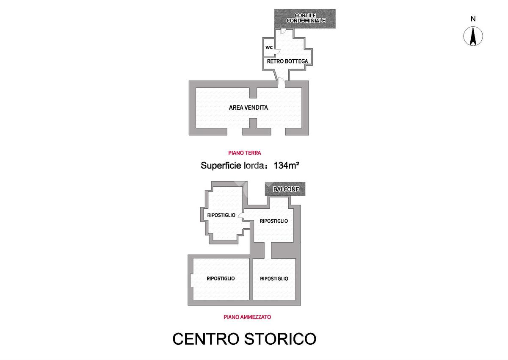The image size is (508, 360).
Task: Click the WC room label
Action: [269, 47]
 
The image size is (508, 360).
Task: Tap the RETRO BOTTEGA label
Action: [287, 61]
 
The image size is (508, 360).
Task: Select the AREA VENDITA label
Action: [248, 108]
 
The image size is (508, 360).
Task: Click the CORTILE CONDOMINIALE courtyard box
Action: [305, 19]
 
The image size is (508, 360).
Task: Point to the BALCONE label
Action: [286, 189]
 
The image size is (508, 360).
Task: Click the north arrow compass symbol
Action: [473, 36]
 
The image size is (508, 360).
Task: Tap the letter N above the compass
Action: [473, 19]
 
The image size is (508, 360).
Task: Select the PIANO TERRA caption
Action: [245, 153]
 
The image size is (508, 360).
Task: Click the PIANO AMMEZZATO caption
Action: [247, 317]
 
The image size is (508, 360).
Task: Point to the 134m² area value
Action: [287, 166]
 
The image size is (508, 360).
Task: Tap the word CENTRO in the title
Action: [206, 339]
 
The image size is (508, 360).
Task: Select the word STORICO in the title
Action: [280, 339]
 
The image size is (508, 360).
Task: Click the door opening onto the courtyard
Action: [283, 31]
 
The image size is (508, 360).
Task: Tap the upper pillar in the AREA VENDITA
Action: [253, 93]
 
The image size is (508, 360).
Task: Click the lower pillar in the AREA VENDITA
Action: [253, 124]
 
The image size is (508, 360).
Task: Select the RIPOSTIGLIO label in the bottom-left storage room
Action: [221, 279]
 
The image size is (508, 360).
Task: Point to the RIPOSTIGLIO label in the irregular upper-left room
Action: [221, 215]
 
